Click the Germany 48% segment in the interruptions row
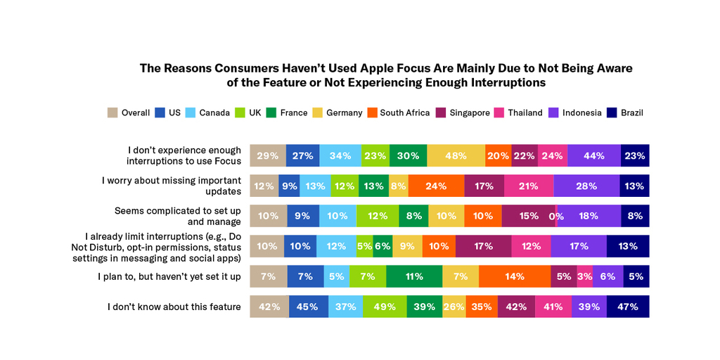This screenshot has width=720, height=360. (456, 156)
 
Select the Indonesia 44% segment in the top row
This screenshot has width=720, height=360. (593, 156)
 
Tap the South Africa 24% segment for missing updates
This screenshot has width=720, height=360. (436, 186)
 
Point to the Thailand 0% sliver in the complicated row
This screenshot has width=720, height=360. (556, 217)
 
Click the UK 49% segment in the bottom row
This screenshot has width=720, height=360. (385, 307)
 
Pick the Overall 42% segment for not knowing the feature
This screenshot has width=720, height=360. (269, 307)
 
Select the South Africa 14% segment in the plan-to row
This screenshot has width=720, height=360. (515, 276)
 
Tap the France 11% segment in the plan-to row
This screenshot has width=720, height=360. (413, 276)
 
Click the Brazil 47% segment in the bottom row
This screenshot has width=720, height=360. (627, 307)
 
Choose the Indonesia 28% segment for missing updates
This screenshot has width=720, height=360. (586, 186)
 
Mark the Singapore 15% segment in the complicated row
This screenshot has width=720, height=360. (528, 217)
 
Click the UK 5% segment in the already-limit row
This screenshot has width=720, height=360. (364, 246)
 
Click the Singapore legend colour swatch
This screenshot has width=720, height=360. (441, 112)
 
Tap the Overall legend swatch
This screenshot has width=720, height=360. (112, 112)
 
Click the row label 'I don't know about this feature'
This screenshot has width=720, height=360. (174, 307)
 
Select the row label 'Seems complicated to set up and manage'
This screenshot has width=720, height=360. (178, 216)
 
